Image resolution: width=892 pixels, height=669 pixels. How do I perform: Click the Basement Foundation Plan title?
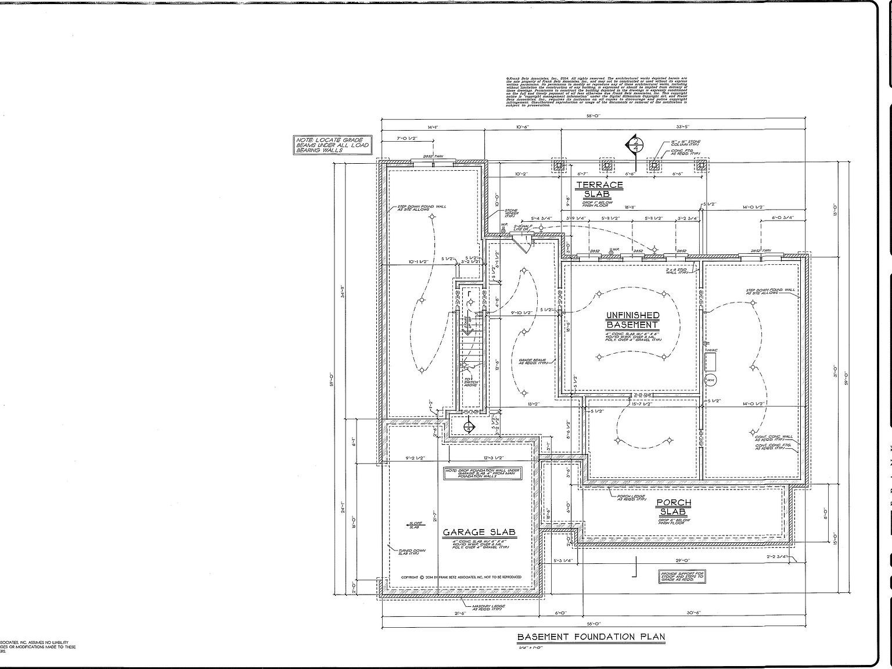pyautogui.click(x=591, y=636)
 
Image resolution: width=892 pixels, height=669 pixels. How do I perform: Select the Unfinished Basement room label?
pyautogui.click(x=632, y=320)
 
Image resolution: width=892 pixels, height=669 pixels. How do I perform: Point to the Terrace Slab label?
pyautogui.click(x=600, y=189)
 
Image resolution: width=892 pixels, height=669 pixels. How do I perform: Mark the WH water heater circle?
pyautogui.click(x=710, y=380)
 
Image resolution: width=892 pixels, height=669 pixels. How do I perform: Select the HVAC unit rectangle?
pyautogui.click(x=711, y=362)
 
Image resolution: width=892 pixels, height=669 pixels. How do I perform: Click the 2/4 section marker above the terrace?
pyautogui.click(x=635, y=144)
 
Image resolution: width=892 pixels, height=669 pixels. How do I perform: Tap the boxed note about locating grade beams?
pyautogui.click(x=329, y=145)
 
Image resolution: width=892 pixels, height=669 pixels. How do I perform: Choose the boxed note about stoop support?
pyautogui.click(x=682, y=576)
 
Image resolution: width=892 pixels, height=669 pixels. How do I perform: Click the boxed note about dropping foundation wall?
pyautogui.click(x=483, y=473)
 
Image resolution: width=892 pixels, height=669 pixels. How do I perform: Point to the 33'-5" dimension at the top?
pyautogui.click(x=682, y=127)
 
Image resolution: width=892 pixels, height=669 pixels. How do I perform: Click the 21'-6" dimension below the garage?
pyautogui.click(x=460, y=613)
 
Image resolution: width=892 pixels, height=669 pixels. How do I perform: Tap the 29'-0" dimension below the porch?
pyautogui.click(x=682, y=560)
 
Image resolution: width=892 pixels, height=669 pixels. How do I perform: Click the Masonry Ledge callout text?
pyautogui.click(x=488, y=607)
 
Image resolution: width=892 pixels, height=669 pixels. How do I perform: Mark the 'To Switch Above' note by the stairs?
pyautogui.click(x=471, y=382)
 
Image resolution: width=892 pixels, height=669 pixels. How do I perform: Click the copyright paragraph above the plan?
pyautogui.click(x=596, y=91)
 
